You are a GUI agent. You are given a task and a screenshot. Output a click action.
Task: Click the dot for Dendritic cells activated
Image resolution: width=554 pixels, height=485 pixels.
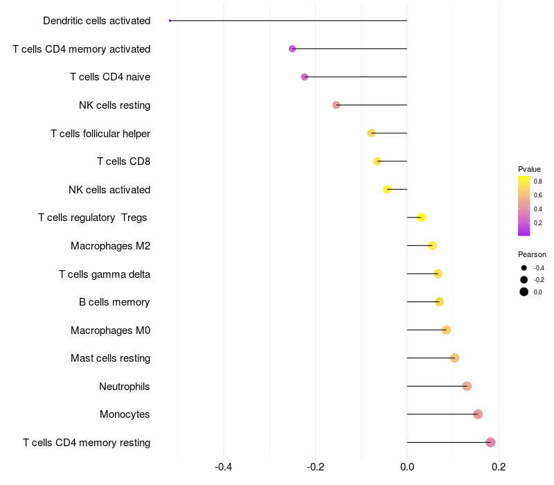pyautogui.click(x=170, y=21)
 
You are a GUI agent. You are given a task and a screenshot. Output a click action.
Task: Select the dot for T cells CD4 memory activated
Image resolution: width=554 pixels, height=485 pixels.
pyautogui.click(x=292, y=48)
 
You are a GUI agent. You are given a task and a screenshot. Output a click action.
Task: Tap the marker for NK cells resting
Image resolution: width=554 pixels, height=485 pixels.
pyautogui.click(x=336, y=105)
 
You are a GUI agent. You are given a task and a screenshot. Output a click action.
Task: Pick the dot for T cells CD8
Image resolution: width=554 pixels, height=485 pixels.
pyautogui.click(x=377, y=161)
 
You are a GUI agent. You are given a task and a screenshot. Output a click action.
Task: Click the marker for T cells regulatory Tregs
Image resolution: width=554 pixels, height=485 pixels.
pyautogui.click(x=421, y=218)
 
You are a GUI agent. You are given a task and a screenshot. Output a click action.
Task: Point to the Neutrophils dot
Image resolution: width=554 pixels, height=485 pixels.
pyautogui.click(x=467, y=386)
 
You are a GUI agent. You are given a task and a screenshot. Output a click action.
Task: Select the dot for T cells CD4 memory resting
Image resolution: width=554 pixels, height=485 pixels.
pyautogui.click(x=490, y=442)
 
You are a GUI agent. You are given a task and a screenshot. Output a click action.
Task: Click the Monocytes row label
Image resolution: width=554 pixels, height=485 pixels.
pyautogui.click(x=125, y=414)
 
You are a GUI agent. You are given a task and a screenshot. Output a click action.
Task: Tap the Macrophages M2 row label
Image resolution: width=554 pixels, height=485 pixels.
pyautogui.click(x=111, y=246)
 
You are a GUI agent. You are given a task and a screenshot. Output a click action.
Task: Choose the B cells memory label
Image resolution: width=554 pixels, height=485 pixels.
pyautogui.click(x=114, y=302)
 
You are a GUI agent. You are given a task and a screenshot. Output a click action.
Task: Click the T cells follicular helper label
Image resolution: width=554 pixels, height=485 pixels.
pyautogui.click(x=100, y=134)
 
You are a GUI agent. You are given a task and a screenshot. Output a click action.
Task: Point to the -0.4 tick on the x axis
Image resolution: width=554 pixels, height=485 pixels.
pyautogui.click(x=223, y=467)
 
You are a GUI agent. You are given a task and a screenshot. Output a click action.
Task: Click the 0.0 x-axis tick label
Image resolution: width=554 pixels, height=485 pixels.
pyautogui.click(x=407, y=467)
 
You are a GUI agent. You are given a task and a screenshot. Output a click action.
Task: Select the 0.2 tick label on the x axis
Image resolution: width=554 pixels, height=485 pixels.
pyautogui.click(x=499, y=467)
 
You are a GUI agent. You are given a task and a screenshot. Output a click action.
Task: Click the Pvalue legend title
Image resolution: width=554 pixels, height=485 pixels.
pyautogui.click(x=529, y=169)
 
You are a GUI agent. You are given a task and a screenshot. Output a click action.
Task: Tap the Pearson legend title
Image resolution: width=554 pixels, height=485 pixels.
pyautogui.click(x=532, y=254)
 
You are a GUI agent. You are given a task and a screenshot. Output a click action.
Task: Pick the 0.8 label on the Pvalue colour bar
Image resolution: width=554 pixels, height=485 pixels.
pyautogui.click(x=538, y=182)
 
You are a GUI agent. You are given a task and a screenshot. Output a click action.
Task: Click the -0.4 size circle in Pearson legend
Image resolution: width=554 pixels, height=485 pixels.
pyautogui.click(x=524, y=268)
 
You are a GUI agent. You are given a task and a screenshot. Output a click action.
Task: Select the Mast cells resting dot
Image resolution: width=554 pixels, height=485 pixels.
pyautogui.click(x=455, y=358)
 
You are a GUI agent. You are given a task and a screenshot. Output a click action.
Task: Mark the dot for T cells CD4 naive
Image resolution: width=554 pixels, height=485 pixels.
pyautogui.click(x=305, y=77)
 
